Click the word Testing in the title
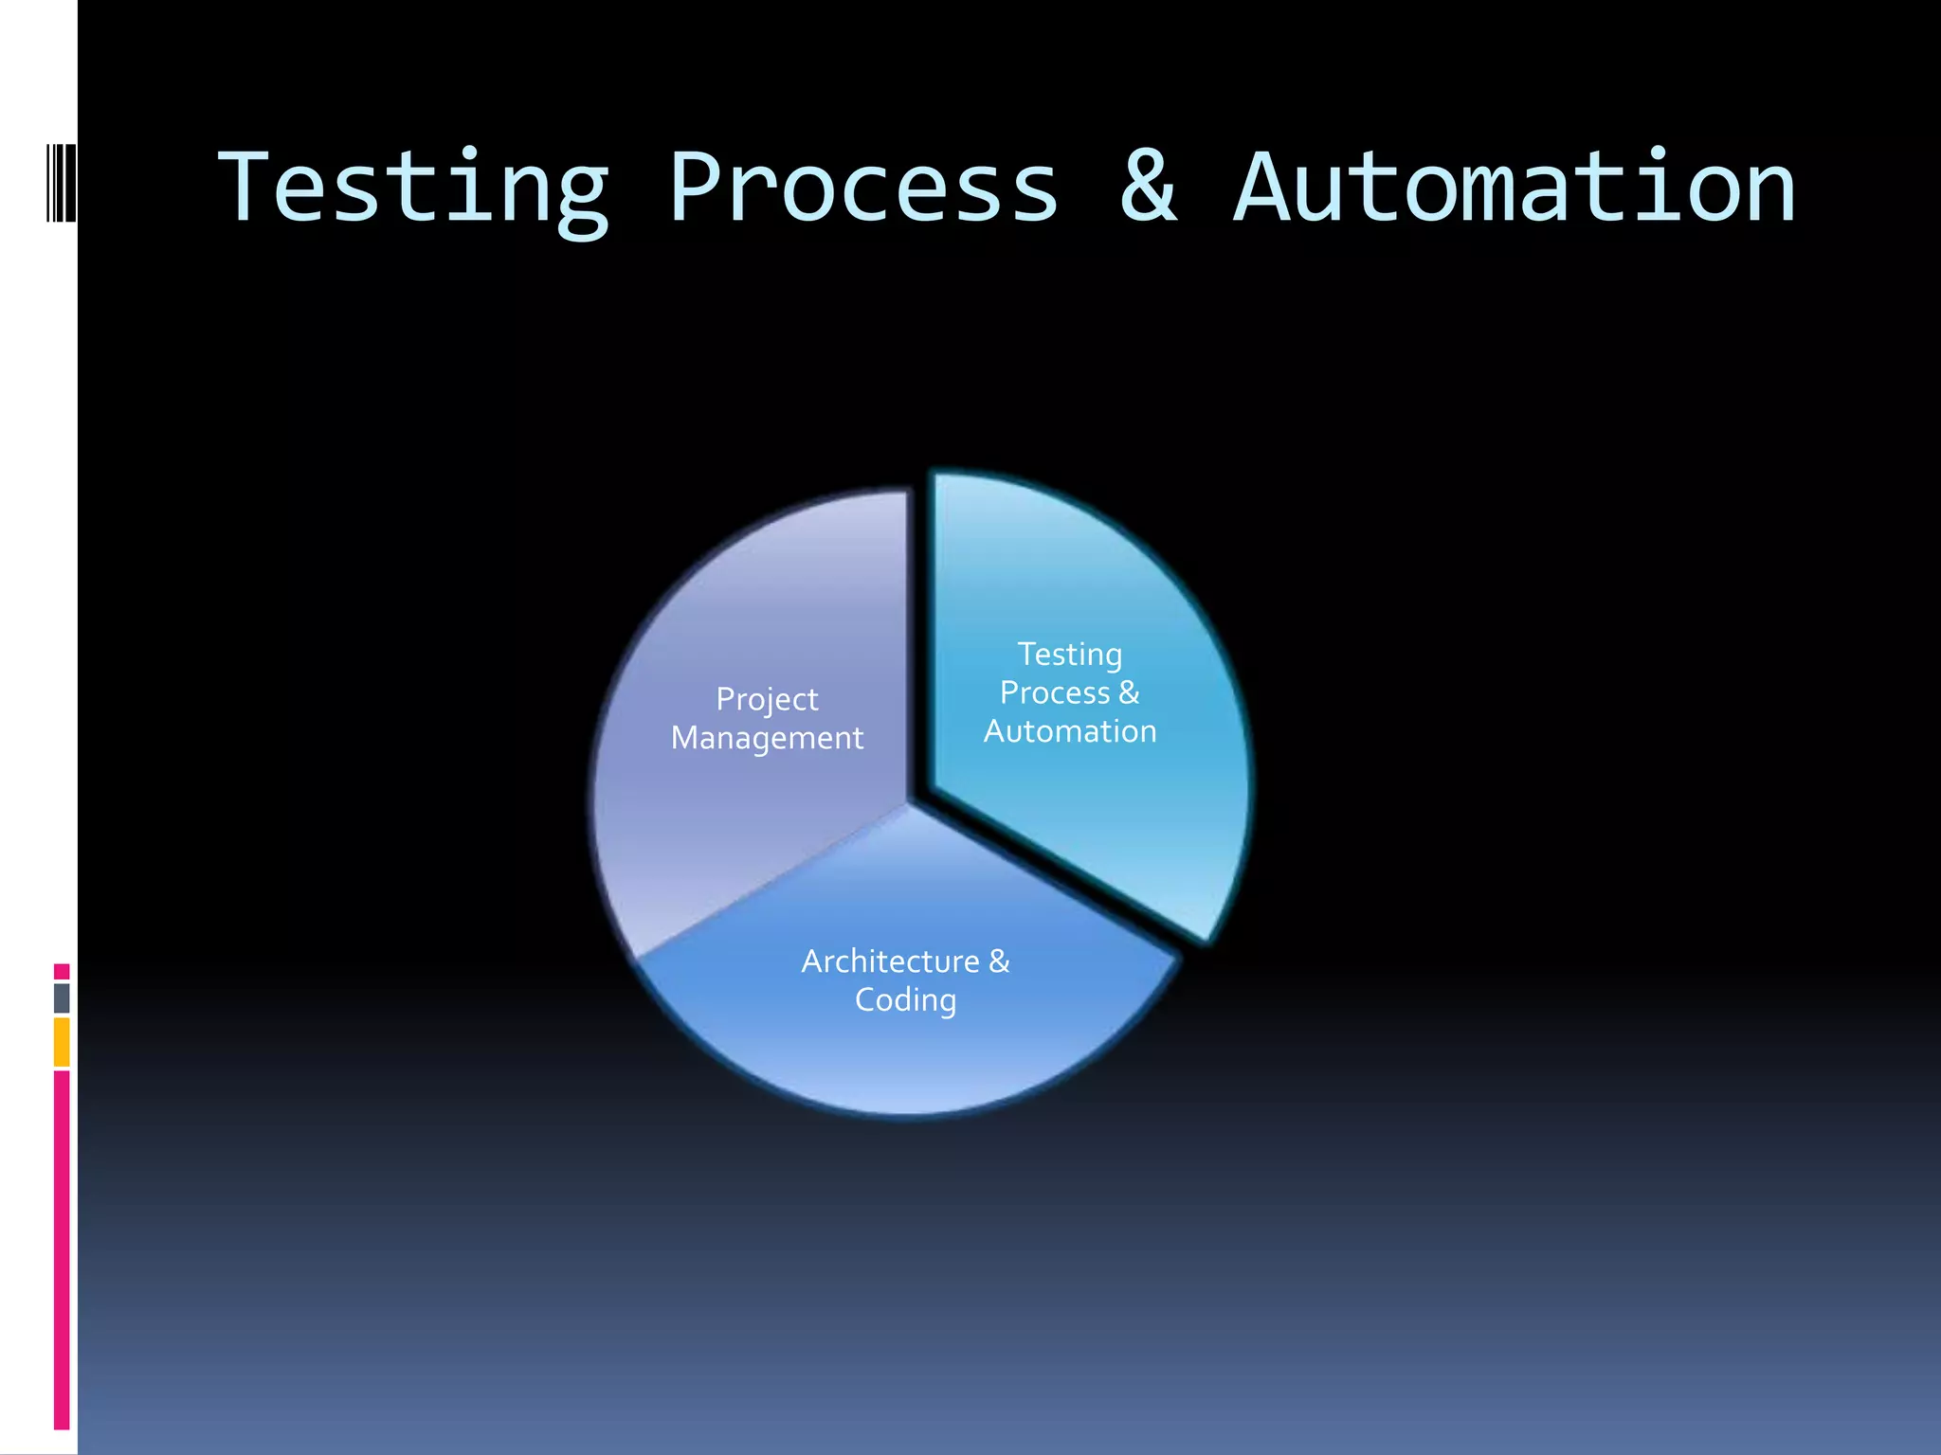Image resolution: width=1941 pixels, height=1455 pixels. [413, 189]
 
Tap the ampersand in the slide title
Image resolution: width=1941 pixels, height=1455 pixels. [1149, 188]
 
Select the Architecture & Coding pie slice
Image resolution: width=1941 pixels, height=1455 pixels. [905, 1051]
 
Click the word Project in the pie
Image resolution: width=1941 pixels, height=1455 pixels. [767, 700]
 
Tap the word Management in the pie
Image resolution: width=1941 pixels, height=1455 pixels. [767, 738]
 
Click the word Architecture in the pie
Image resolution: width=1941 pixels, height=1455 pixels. [890, 961]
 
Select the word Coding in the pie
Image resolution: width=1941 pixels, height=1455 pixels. [905, 1000]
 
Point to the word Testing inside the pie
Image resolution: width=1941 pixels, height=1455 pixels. [1069, 655]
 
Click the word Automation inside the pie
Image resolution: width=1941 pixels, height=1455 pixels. [1069, 731]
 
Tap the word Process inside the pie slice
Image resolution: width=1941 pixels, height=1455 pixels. [1054, 693]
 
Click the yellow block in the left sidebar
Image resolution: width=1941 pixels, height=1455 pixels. [62, 1042]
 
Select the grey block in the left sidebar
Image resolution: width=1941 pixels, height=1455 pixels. [62, 997]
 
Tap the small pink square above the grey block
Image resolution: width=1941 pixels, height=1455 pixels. [62, 971]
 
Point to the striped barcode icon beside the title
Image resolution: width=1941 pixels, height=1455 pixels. [62, 182]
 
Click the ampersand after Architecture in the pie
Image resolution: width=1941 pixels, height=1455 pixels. [999, 961]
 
